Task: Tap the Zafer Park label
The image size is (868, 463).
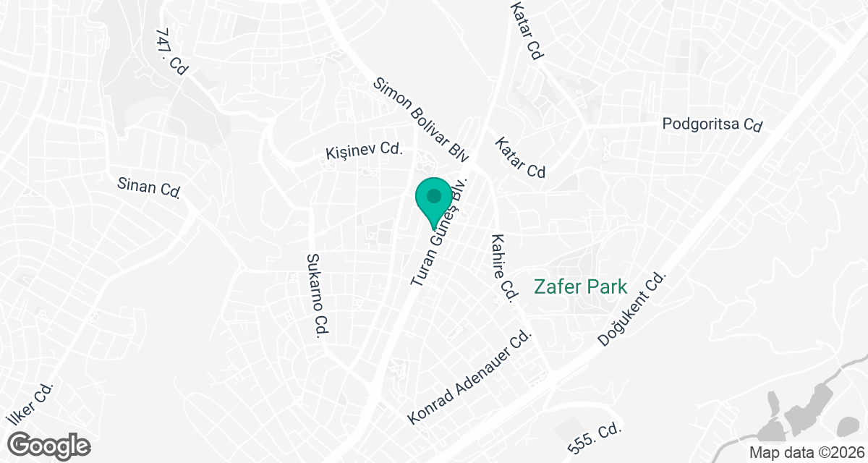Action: click(579, 286)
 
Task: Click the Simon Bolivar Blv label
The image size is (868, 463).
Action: click(422, 119)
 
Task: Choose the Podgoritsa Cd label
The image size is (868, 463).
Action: click(712, 124)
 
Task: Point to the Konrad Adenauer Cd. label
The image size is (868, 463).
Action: click(470, 378)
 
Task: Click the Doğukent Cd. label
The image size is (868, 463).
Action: click(631, 309)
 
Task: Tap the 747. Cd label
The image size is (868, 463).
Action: click(171, 53)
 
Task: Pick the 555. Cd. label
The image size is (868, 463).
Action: click(595, 438)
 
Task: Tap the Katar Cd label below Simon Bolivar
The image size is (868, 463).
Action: click(519, 158)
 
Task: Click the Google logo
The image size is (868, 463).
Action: click(50, 443)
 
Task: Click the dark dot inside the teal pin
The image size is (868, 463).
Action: click(434, 195)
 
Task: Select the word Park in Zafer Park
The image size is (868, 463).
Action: click(606, 286)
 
